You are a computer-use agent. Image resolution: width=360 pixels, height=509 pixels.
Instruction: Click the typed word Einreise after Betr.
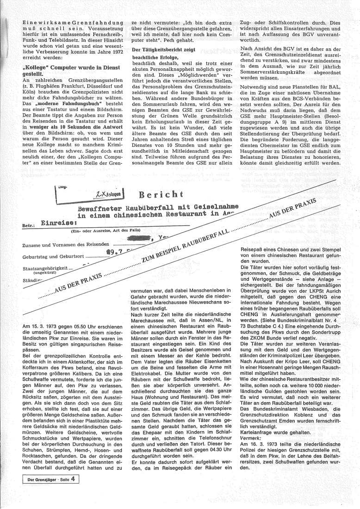(x=56, y=223)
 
